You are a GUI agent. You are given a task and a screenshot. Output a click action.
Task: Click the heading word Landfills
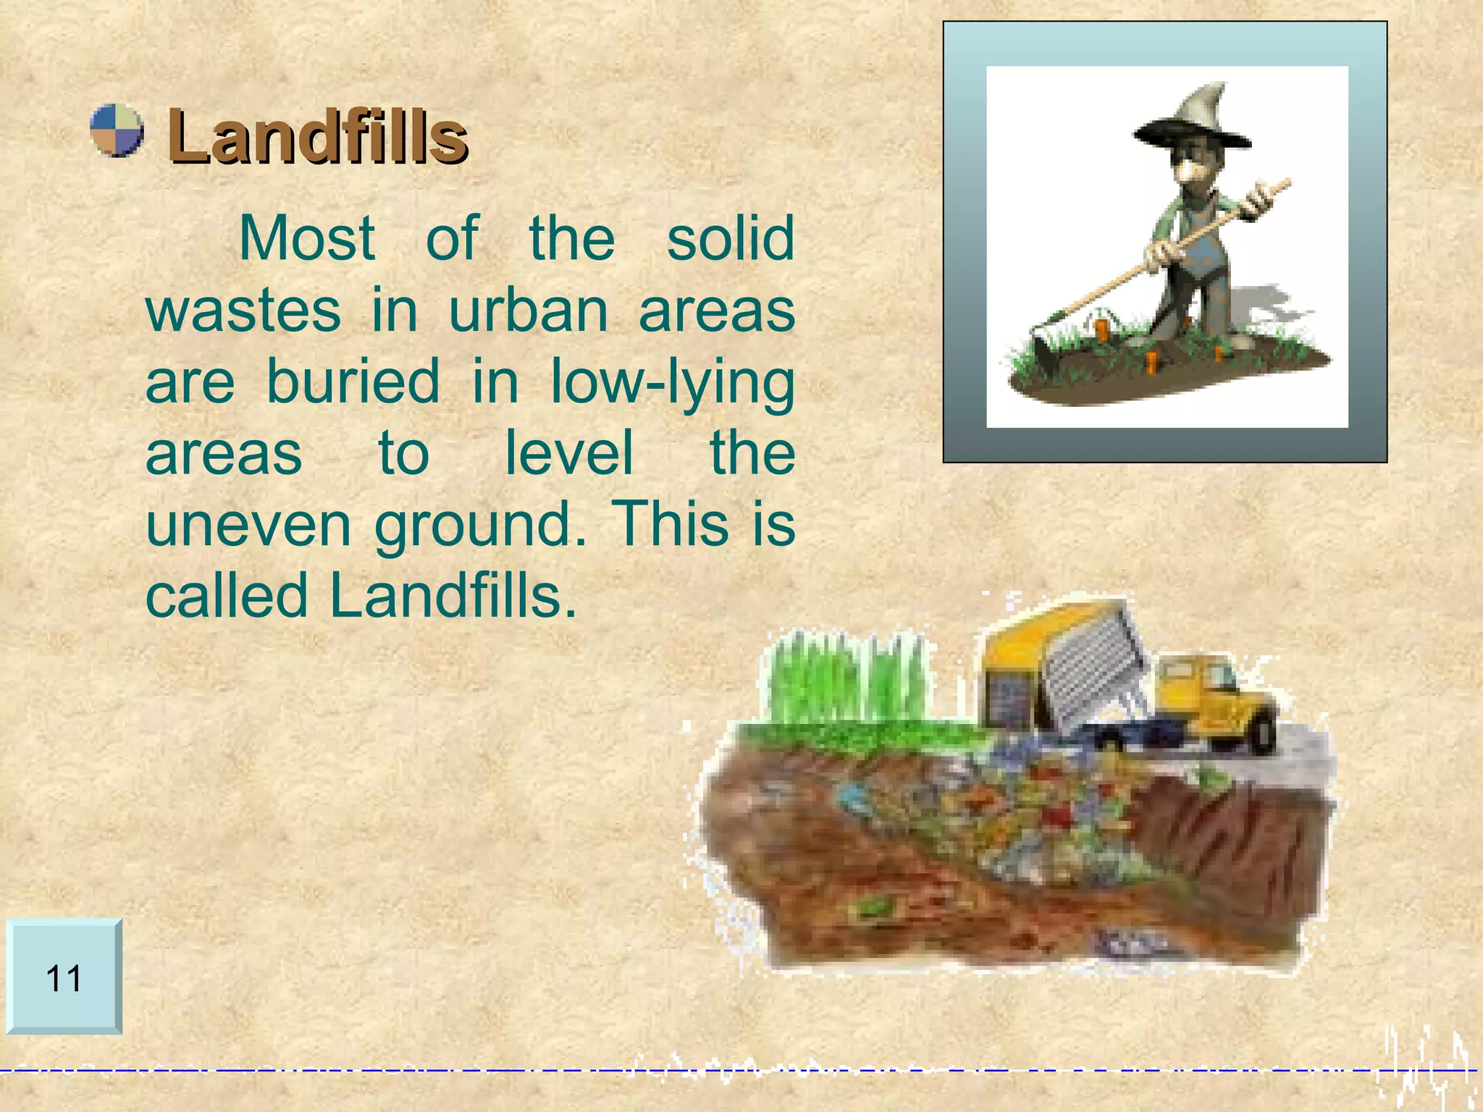(317, 136)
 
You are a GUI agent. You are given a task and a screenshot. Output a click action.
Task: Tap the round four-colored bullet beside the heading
(117, 130)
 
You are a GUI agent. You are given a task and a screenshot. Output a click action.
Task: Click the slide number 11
(64, 978)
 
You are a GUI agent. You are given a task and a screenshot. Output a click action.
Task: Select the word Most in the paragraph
(306, 238)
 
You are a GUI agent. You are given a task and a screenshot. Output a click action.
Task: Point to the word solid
(730, 238)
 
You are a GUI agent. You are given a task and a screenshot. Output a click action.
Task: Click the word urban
(529, 310)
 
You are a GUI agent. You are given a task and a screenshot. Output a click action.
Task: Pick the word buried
(353, 382)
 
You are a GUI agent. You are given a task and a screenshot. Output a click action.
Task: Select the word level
(569, 452)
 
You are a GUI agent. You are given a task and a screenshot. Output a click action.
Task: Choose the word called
(227, 595)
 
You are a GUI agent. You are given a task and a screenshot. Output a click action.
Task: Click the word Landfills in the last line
(453, 595)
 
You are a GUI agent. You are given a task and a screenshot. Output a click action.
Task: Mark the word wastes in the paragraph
(243, 310)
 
